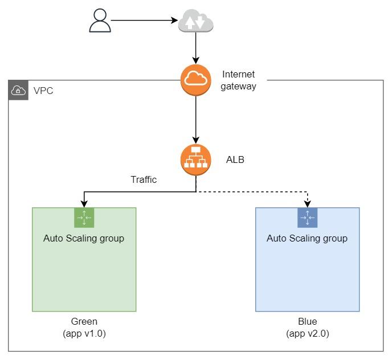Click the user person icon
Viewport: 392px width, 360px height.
coord(100,22)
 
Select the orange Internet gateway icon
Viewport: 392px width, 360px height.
coord(196,80)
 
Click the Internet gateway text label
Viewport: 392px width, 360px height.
coord(239,80)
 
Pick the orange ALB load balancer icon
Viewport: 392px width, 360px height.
coord(196,160)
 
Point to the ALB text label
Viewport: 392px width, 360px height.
coord(235,160)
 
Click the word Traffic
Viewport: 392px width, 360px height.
coord(144,179)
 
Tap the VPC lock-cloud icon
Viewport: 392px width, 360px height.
coord(18,90)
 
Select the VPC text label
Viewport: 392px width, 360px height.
coord(43,91)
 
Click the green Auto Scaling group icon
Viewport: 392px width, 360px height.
coord(84,217)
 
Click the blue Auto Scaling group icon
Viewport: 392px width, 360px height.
coord(307,217)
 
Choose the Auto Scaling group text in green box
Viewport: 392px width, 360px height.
coord(84,238)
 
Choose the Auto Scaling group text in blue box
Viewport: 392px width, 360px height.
coord(307,238)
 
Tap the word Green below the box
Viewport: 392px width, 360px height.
coord(84,322)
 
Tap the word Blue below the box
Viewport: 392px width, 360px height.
coord(307,322)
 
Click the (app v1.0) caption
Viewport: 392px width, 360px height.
coord(84,334)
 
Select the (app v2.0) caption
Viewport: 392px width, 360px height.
coord(307,334)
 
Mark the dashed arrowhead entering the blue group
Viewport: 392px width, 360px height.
coord(308,204)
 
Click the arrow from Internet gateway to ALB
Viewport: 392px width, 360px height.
coord(196,120)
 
